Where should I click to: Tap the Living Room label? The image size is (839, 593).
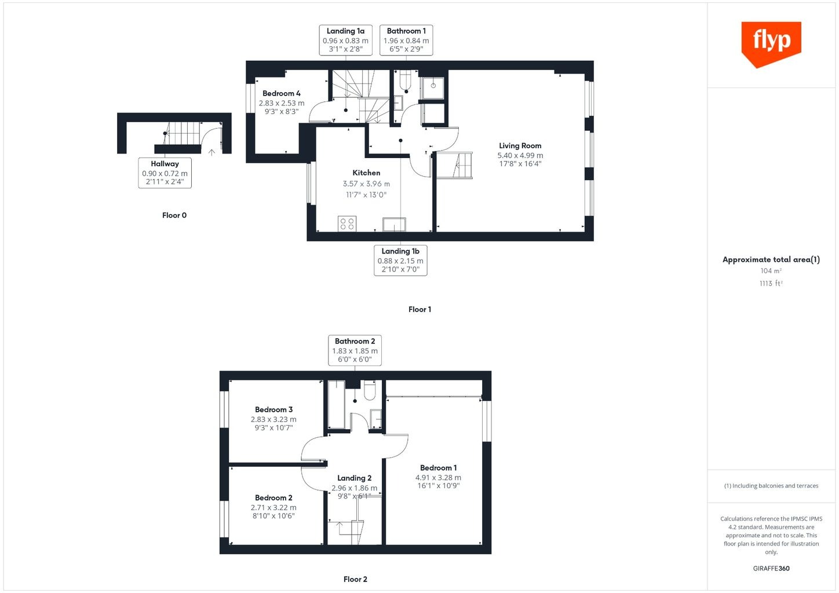click(x=520, y=145)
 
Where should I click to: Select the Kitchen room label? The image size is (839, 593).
click(x=366, y=173)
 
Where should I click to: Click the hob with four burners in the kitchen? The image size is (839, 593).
click(x=347, y=224)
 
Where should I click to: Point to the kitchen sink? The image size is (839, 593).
click(x=394, y=225)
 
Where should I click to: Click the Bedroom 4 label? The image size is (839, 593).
click(x=281, y=93)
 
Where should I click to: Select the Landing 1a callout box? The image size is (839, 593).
click(x=345, y=40)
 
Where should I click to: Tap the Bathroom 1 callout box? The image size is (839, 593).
click(x=406, y=40)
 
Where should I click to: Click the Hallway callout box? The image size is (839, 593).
click(x=165, y=173)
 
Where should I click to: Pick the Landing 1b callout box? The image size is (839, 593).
click(x=400, y=260)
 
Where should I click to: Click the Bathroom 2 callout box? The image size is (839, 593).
click(x=355, y=350)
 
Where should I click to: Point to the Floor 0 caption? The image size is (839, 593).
click(x=174, y=215)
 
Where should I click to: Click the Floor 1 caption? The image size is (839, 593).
click(x=419, y=309)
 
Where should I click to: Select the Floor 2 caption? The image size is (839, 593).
click(x=355, y=579)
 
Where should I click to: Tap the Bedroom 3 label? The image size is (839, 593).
click(x=273, y=409)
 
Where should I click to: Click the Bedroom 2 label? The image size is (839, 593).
click(x=273, y=497)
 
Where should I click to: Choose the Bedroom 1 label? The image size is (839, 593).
click(x=438, y=467)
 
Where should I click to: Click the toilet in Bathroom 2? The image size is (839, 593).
click(x=370, y=390)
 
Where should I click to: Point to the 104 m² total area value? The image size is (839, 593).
click(x=771, y=270)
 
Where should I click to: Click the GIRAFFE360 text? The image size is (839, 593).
click(x=771, y=568)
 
